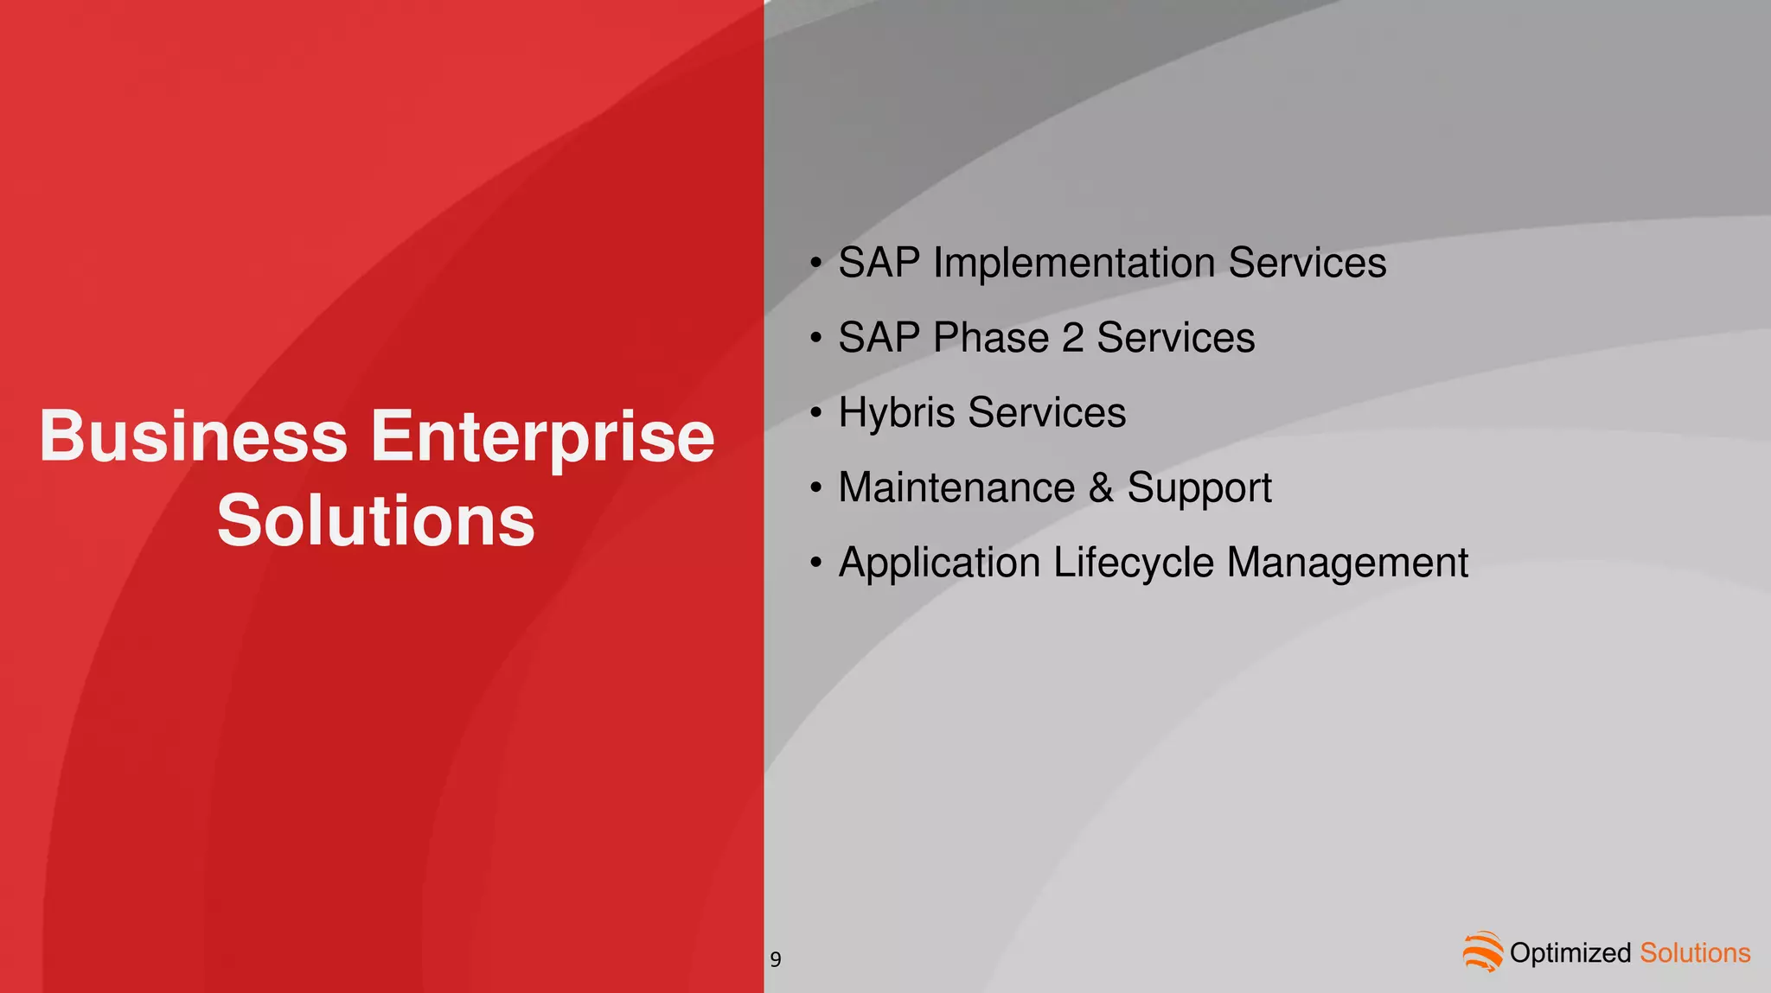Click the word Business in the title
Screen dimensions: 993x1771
pyautogui.click(x=194, y=436)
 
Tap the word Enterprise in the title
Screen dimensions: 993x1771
pyautogui.click(x=542, y=438)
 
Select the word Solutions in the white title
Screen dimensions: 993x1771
pyautogui.click(x=375, y=520)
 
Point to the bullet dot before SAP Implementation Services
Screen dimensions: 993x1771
pyautogui.click(x=815, y=263)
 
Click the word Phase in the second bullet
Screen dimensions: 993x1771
pyautogui.click(x=991, y=338)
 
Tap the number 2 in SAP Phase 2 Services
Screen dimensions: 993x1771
pyautogui.click(x=1072, y=338)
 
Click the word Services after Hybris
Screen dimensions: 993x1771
pyautogui.click(x=1046, y=413)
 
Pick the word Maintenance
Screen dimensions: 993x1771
pyautogui.click(x=956, y=487)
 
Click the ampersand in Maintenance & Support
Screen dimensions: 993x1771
pyautogui.click(x=1101, y=487)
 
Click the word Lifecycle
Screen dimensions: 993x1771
pyautogui.click(x=1133, y=563)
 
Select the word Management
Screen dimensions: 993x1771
pyautogui.click(x=1346, y=563)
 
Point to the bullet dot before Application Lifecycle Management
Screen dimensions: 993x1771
pyautogui.click(x=815, y=563)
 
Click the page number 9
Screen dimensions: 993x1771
pyautogui.click(x=776, y=959)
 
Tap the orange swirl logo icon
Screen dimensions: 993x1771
pyautogui.click(x=1482, y=952)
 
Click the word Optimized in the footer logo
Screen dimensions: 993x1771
pyautogui.click(x=1570, y=953)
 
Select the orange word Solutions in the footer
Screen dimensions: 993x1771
pyautogui.click(x=1694, y=953)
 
